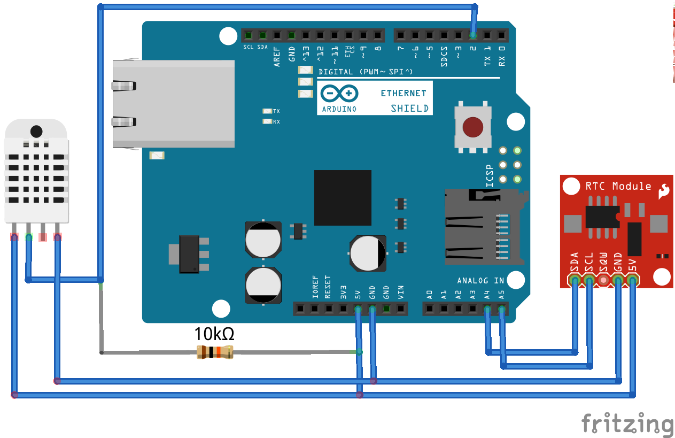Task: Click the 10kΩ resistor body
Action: (215, 352)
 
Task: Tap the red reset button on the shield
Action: (473, 127)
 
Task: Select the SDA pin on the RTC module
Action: (575, 280)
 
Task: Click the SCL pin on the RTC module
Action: (589, 280)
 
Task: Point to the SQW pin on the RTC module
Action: (603, 280)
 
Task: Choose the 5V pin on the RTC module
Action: (632, 280)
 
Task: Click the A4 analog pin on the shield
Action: (487, 309)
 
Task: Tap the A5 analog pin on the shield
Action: (501, 309)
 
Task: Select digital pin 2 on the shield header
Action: (472, 36)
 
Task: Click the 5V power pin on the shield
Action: (358, 309)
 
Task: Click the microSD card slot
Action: (478, 227)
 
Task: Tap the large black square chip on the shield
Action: (343, 197)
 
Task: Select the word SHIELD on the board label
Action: (409, 108)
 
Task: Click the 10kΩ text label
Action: (214, 334)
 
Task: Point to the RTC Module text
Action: (618, 186)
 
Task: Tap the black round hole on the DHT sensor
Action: (36, 131)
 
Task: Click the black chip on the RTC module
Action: (602, 216)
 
